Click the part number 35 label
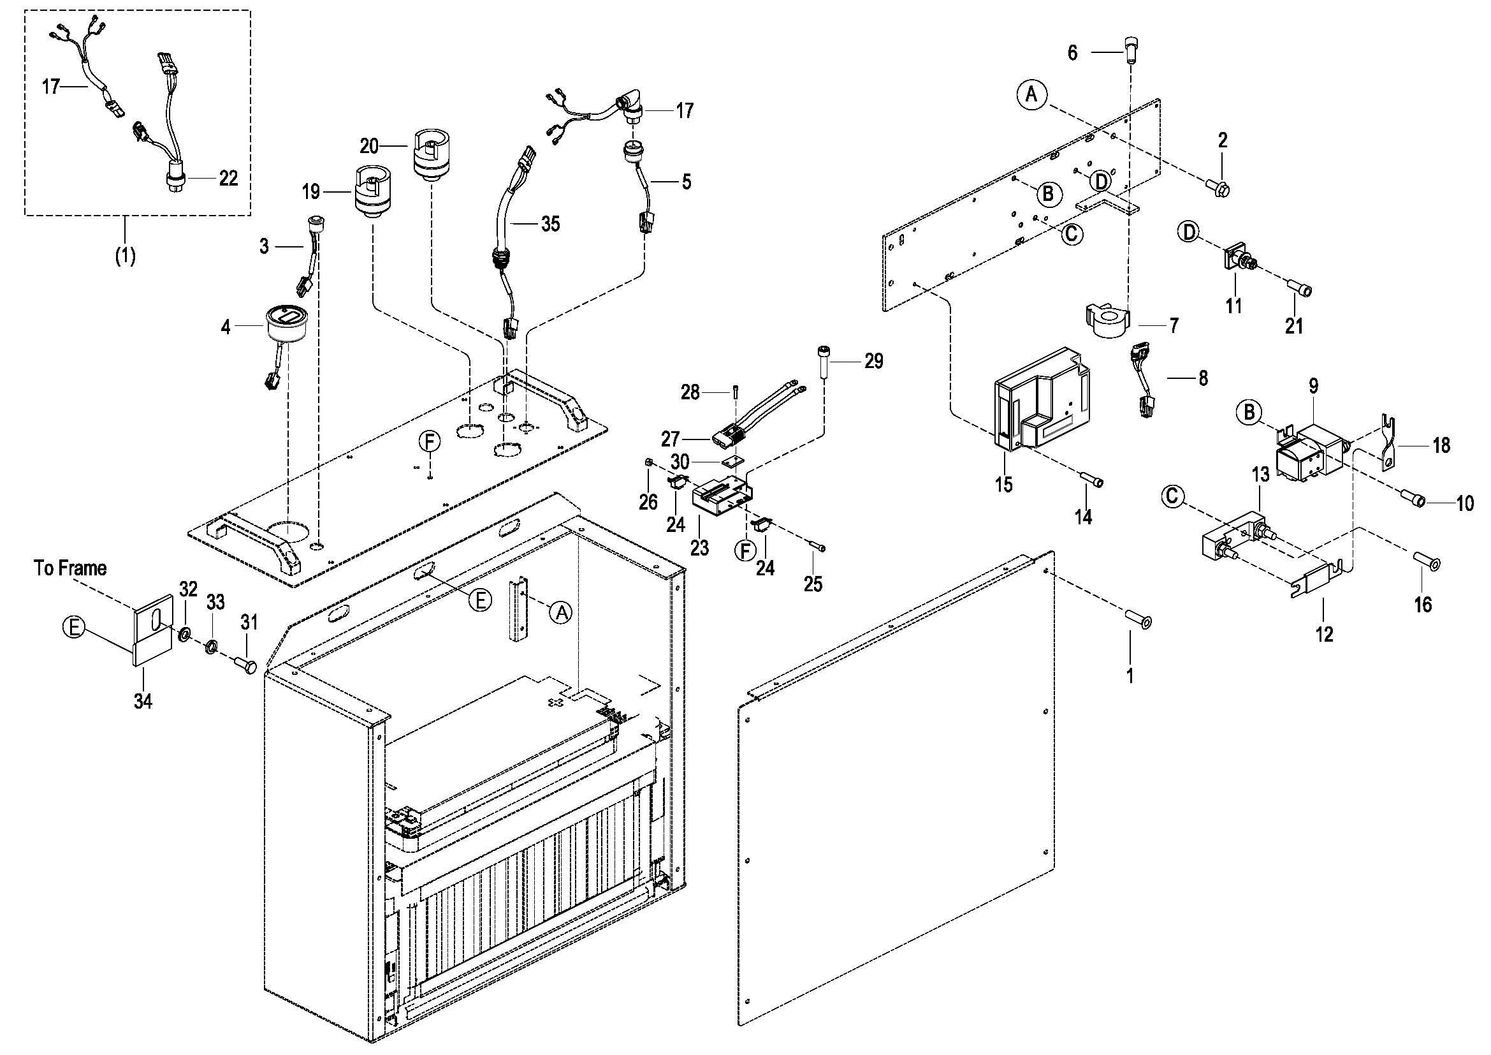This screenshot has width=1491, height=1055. click(x=550, y=224)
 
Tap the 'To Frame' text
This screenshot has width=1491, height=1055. click(x=70, y=568)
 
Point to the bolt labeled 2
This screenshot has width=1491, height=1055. click(x=1219, y=189)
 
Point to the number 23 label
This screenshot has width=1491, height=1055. click(x=699, y=548)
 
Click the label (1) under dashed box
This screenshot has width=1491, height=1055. click(x=126, y=256)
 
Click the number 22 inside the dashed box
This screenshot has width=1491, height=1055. click(x=228, y=178)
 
